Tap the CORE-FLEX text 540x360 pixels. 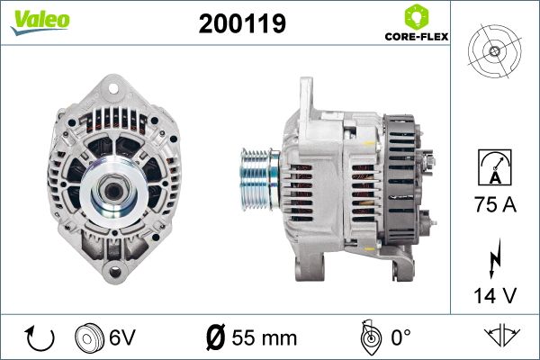[x=416, y=37]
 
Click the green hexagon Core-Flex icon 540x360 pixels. [x=416, y=16]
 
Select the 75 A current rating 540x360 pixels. [x=496, y=206]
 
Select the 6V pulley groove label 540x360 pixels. [x=121, y=337]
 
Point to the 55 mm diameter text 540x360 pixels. [x=264, y=337]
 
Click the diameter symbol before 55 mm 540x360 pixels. [x=216, y=337]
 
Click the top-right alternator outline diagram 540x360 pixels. [x=494, y=50]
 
